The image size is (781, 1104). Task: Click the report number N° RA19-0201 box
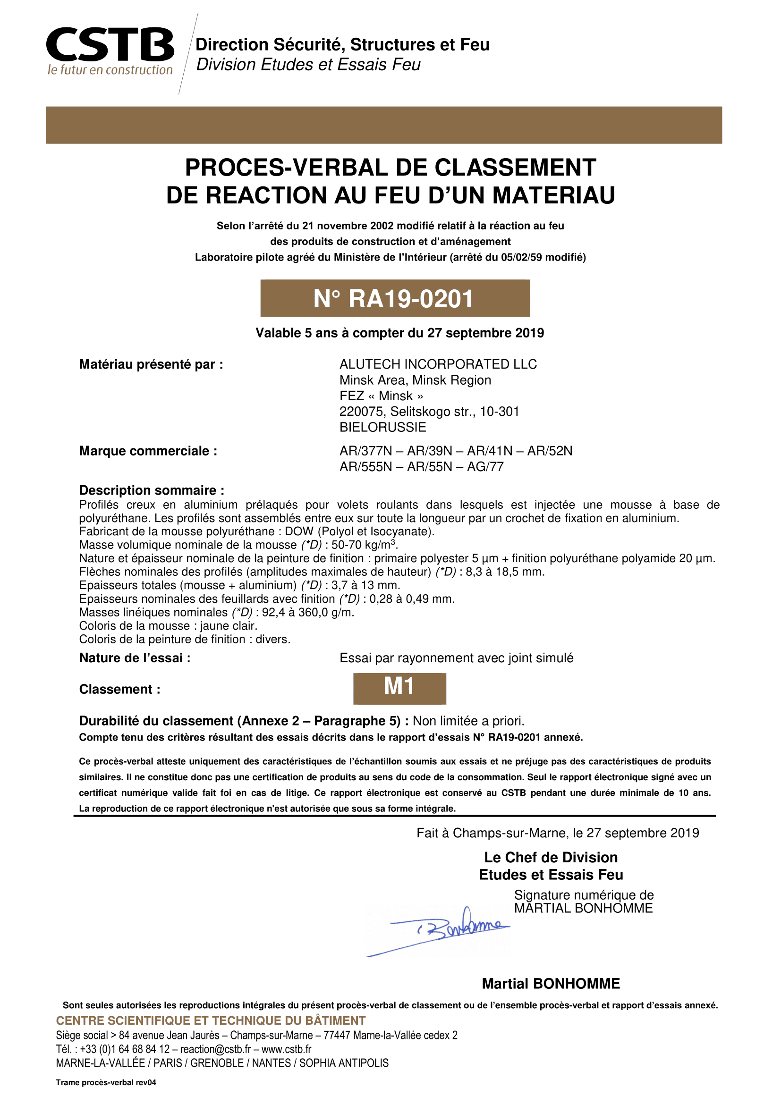(395, 298)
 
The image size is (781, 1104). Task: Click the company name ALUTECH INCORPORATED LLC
(438, 364)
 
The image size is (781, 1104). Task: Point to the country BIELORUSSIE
(383, 427)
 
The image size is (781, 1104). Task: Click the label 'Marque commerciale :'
(148, 451)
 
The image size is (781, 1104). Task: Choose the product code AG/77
(485, 466)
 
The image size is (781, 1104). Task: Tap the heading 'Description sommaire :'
(152, 490)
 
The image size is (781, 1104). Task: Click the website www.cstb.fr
(286, 1049)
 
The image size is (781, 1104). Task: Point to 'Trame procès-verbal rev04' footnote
(106, 1082)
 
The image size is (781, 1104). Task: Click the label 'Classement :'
(120, 689)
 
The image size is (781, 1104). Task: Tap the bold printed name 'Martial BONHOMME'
(551, 984)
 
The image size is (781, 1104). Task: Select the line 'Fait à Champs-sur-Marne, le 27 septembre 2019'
(557, 833)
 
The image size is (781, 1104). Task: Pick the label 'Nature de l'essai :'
(135, 658)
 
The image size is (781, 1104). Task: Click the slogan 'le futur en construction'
(110, 70)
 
